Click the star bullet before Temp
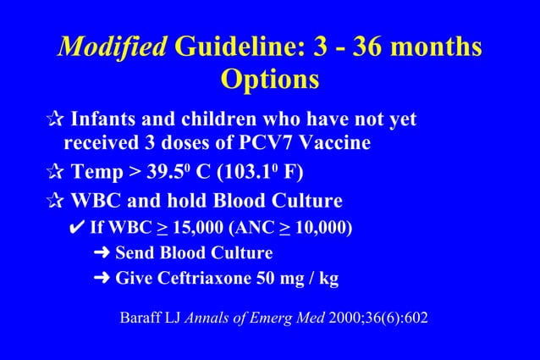[54, 174]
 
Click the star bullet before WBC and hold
[54, 202]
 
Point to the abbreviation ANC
[235, 229]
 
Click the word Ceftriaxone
[194, 278]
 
